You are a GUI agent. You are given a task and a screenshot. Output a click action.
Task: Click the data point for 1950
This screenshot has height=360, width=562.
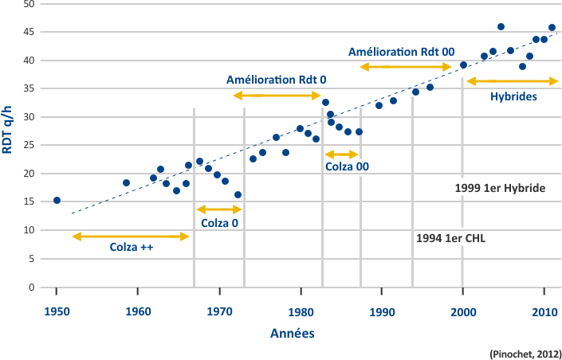pos(57,200)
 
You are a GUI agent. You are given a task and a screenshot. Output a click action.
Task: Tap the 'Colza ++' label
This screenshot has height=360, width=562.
pos(132,248)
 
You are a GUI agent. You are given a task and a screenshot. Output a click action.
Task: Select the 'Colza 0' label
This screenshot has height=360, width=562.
pos(219,223)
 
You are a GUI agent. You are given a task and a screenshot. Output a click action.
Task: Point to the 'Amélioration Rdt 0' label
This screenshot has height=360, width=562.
pos(277,80)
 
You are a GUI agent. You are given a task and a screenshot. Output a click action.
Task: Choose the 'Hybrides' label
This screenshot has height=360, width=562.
pos(513,96)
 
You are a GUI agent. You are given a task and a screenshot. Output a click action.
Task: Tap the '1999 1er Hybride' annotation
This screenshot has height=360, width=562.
pos(499,189)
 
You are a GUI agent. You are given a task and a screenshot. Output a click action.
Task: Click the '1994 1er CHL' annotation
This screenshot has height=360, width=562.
pos(451,238)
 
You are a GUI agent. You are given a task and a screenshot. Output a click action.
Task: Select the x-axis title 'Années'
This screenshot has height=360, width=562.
pos(292,335)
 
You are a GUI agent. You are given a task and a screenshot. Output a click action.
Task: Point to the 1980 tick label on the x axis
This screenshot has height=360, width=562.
pos(301,310)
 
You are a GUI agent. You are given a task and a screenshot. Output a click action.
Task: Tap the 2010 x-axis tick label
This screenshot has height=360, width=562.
pos(544,310)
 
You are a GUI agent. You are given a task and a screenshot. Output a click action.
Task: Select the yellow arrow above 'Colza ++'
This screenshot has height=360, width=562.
pos(131,236)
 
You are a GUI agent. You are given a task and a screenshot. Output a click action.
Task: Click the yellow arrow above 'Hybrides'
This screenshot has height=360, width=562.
pos(513,81)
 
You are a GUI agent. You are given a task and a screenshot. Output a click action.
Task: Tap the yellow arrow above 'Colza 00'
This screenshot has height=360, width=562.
pos(342,154)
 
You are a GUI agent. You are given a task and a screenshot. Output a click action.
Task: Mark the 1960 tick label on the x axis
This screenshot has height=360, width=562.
pos(138,310)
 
